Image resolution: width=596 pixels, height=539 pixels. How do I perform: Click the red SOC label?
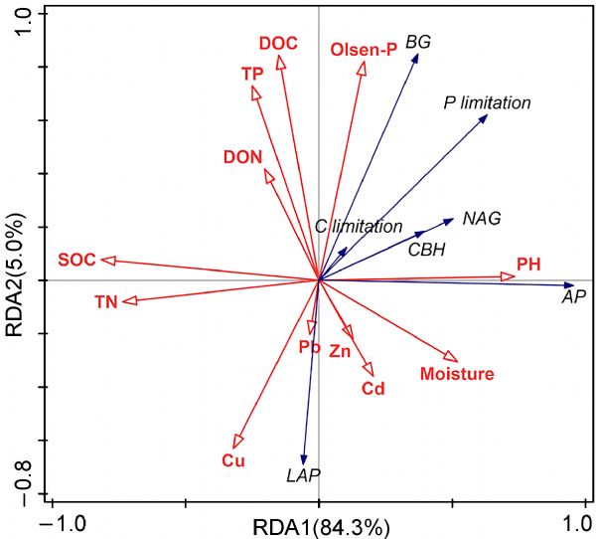click(76, 260)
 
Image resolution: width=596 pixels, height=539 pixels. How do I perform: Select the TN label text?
click(106, 301)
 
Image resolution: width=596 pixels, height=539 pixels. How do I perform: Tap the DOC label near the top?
click(278, 43)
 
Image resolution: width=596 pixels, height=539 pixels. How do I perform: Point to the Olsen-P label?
click(363, 49)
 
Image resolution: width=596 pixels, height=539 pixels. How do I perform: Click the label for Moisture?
click(457, 374)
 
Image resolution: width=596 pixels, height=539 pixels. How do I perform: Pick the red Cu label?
click(233, 460)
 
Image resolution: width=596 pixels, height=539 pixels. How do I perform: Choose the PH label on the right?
click(528, 265)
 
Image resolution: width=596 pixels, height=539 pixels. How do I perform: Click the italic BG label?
click(418, 41)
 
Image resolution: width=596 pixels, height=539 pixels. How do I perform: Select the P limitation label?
click(487, 102)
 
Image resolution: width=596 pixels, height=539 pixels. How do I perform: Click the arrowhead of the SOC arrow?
click(108, 261)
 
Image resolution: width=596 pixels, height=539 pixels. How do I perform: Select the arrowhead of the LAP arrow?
click(304, 456)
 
